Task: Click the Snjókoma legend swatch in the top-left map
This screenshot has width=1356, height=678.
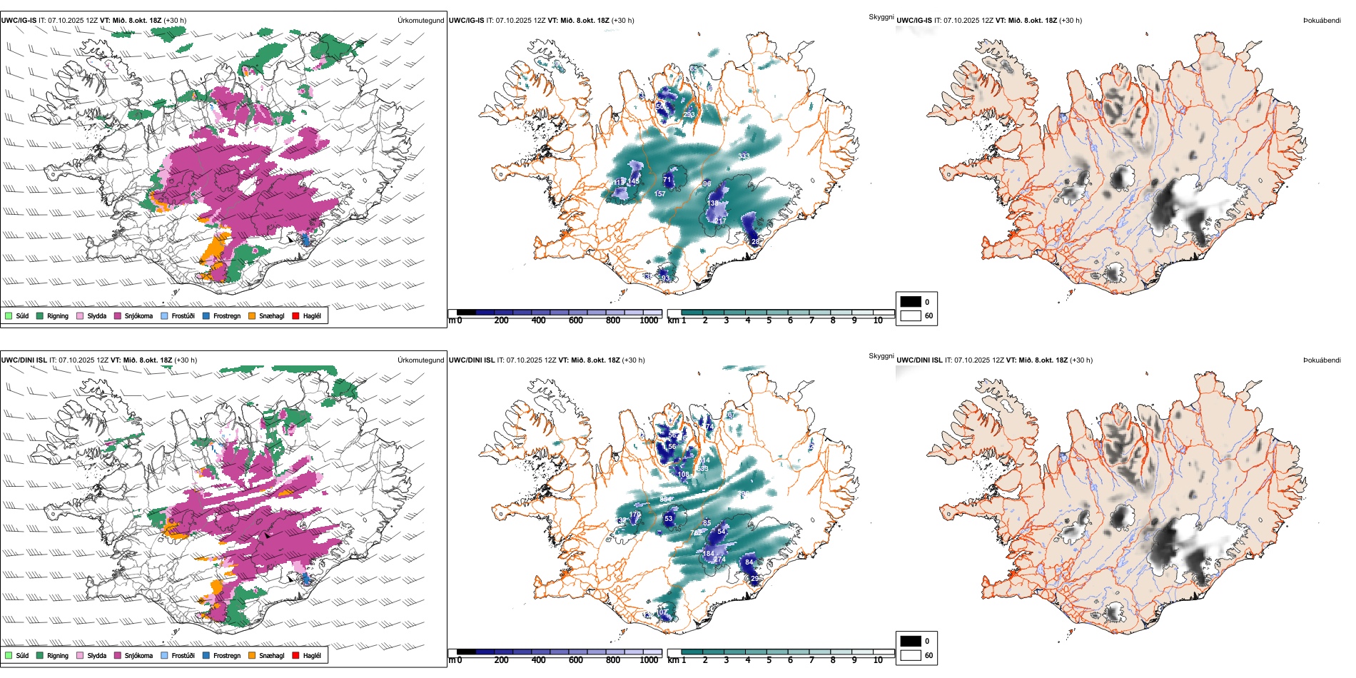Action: coord(118,315)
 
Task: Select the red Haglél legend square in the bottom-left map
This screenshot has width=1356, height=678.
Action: coord(296,655)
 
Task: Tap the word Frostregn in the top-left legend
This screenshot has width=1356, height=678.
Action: coord(227,315)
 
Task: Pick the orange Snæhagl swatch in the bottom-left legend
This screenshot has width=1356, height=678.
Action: coord(252,655)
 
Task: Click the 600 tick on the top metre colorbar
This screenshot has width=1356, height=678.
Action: coord(576,320)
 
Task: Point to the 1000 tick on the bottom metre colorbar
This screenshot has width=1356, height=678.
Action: coord(649,660)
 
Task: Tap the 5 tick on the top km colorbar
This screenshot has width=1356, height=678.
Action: coord(769,320)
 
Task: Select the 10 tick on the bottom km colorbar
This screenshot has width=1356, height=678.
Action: coord(878,660)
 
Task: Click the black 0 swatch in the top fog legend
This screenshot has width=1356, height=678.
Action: coord(911,302)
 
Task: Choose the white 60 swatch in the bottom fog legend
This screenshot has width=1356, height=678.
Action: coord(911,655)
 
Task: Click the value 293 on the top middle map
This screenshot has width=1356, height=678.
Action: coord(689,114)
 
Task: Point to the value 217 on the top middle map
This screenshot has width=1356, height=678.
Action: coord(721,221)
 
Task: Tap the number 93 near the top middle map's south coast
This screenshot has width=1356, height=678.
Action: coord(665,278)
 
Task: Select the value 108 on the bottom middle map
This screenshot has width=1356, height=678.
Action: coord(684,475)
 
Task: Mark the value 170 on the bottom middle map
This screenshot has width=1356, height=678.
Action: coord(635,514)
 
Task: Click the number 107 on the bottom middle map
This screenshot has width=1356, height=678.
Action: coord(663,612)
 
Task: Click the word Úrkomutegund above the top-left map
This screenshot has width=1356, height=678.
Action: coord(420,20)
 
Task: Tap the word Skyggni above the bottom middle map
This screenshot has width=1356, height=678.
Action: coord(881,356)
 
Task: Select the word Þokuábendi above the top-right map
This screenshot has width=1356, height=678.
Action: coord(1322,20)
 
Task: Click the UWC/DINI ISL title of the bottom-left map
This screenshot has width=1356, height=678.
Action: coord(24,360)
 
